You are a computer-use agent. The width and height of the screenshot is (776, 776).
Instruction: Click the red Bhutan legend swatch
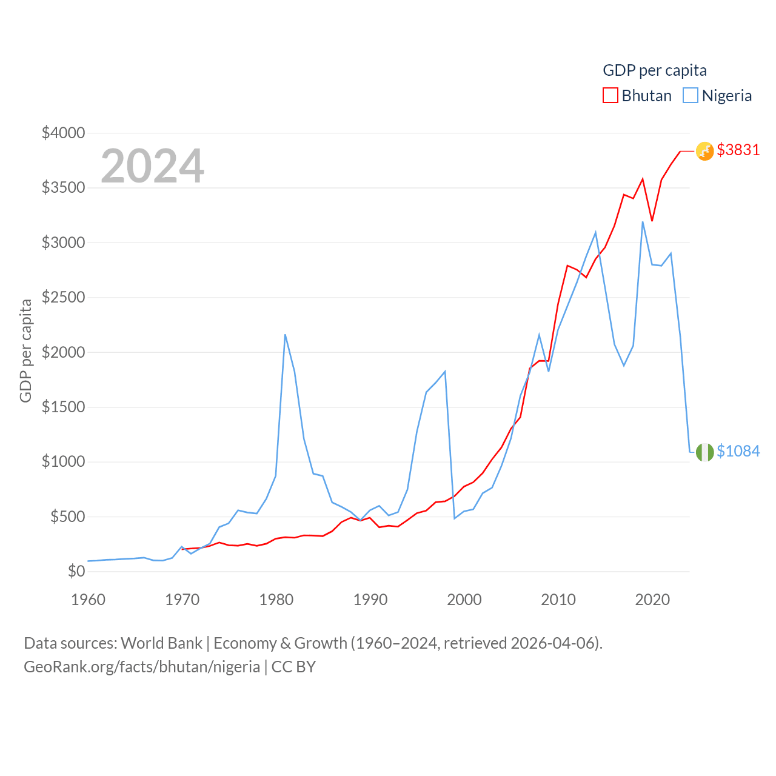pos(610,96)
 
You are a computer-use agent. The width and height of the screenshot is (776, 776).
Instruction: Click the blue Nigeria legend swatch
pos(690,96)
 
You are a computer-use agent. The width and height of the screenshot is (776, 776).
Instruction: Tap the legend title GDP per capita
pos(655,70)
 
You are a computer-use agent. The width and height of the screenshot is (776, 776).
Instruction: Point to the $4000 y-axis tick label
pos(63,133)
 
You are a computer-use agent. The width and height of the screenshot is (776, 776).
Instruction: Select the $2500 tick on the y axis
pos(63,297)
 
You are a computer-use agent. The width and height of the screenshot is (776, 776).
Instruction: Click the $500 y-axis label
pos(67,517)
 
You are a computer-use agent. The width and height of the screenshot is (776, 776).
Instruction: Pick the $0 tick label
pos(76,571)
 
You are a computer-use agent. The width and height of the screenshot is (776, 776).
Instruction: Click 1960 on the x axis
pos(88,600)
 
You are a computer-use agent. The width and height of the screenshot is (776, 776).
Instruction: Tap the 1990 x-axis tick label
pos(370,600)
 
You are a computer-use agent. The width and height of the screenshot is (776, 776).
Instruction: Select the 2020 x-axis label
pos(652,600)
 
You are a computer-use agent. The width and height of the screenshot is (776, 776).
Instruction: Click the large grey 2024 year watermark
pos(152,166)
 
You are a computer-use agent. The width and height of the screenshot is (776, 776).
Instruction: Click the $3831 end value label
pos(738,150)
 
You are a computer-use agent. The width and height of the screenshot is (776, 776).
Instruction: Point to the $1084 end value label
pos(738,451)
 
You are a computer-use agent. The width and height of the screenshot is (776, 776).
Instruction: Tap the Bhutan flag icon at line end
pos(704,151)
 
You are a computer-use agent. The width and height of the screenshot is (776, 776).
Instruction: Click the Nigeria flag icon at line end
pos(704,452)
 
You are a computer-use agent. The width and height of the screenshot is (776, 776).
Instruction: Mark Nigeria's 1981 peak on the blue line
pos(285,335)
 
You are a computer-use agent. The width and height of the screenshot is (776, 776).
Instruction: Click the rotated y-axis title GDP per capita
pos(25,350)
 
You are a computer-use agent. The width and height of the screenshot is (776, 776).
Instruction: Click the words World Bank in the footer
pos(161,643)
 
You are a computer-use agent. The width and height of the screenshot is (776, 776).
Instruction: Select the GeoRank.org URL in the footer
pos(142,667)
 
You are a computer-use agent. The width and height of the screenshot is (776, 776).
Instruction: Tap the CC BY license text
pos(293,667)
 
